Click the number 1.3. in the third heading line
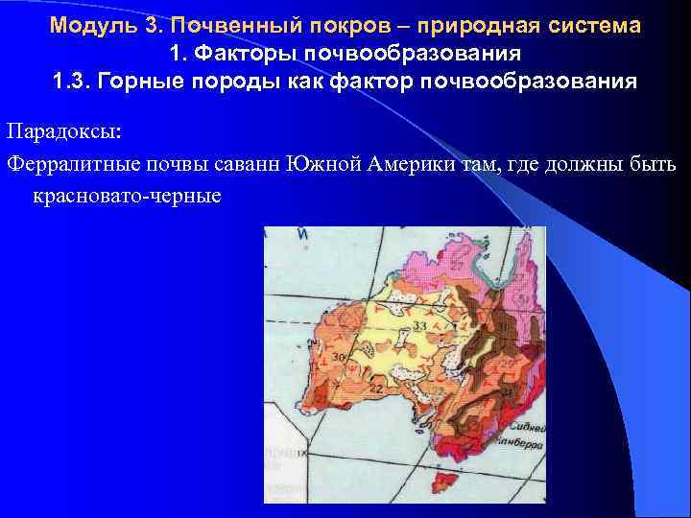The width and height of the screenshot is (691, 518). click(x=76, y=79)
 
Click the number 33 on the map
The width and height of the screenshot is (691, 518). click(x=419, y=329)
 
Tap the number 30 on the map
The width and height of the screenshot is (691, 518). click(x=338, y=357)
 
